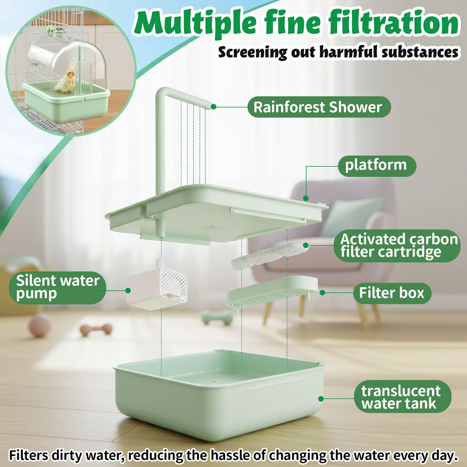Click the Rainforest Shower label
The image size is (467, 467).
(x=319, y=107)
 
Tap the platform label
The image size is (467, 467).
(x=377, y=166)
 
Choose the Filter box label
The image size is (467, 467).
(x=392, y=293)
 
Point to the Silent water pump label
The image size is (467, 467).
(x=57, y=288)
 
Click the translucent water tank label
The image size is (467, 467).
(x=403, y=396)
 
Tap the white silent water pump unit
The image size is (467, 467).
(x=156, y=285)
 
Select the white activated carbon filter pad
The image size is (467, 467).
(x=269, y=255)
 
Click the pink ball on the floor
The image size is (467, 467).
(x=40, y=325)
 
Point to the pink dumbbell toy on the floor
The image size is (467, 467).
(x=96, y=329)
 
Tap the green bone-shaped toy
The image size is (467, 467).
(x=217, y=317)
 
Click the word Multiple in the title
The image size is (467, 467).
(x=195, y=22)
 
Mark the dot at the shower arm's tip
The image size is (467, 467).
(x=213, y=106)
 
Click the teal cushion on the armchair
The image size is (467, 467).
(x=352, y=217)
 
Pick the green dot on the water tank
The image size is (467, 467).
(x=321, y=399)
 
